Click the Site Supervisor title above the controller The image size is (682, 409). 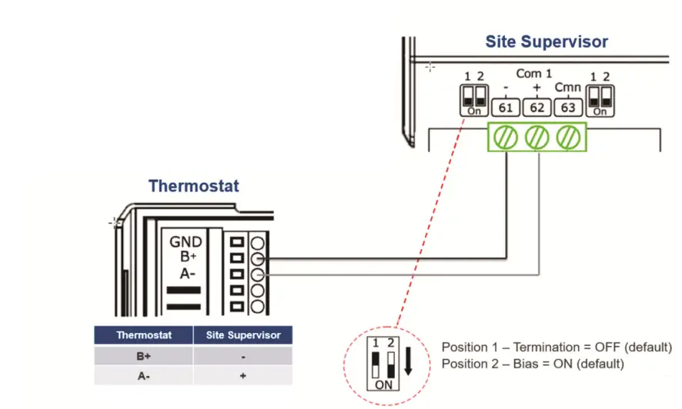[x=547, y=42]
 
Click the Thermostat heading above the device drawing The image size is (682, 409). [x=193, y=186]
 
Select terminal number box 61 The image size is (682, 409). [x=506, y=108]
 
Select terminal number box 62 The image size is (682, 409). [x=537, y=108]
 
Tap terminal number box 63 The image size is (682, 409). [x=568, y=108]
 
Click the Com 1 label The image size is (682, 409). [x=534, y=74]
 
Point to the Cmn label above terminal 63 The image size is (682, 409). [x=568, y=88]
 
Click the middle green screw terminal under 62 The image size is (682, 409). [x=537, y=138]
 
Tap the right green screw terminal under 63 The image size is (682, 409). [x=567, y=138]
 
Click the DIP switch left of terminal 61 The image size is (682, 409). [x=474, y=100]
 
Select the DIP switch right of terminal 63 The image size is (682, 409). [x=600, y=100]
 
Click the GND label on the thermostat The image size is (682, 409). [x=186, y=241]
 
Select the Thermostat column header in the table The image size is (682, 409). [x=143, y=335]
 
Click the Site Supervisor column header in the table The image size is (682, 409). [x=243, y=335]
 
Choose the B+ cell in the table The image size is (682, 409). [x=143, y=356]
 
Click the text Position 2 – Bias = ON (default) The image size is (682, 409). [x=533, y=364]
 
